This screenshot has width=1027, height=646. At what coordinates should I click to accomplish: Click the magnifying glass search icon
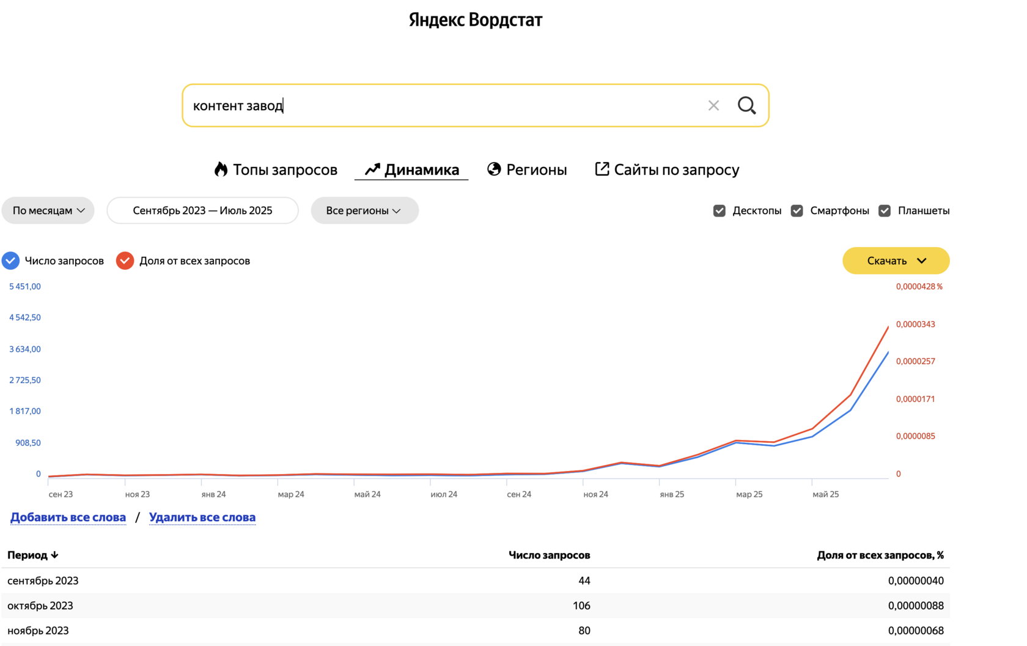(746, 105)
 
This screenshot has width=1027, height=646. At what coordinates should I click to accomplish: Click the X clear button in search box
(713, 106)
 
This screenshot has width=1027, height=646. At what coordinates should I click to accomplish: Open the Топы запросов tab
(276, 169)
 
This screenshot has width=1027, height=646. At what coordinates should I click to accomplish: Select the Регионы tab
(527, 169)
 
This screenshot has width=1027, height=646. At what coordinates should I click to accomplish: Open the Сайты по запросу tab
(667, 169)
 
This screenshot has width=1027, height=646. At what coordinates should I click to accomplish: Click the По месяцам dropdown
(48, 210)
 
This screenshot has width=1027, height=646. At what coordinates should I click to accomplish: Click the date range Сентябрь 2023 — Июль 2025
(202, 210)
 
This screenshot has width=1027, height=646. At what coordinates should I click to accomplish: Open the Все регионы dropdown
(364, 210)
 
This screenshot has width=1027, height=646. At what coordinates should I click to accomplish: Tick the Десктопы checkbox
(720, 211)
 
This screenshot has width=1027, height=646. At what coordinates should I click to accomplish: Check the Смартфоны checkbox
(797, 211)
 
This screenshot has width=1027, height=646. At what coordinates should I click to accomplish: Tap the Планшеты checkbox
(885, 211)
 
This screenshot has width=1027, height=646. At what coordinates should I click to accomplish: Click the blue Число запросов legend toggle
(11, 261)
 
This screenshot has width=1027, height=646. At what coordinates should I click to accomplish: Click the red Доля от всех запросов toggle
(125, 261)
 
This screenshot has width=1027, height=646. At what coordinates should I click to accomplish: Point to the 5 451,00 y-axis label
(25, 286)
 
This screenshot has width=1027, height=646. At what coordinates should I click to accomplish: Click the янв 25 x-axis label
(672, 494)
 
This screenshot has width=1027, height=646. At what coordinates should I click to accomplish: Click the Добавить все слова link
(68, 518)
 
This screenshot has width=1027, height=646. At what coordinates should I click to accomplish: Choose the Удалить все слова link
(202, 518)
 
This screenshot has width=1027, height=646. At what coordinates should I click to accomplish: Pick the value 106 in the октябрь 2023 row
(581, 606)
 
